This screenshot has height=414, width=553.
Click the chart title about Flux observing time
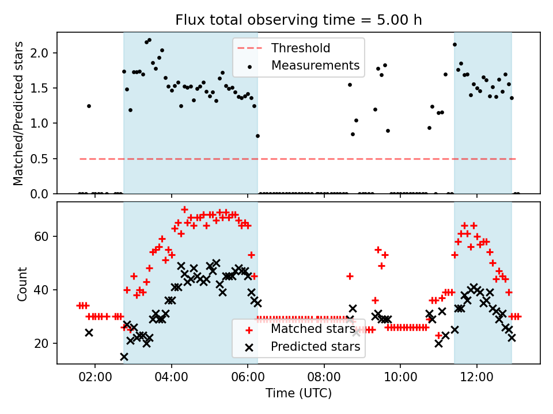(x=298, y=20)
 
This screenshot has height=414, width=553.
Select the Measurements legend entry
(x=315, y=66)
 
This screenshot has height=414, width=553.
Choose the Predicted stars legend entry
(x=315, y=347)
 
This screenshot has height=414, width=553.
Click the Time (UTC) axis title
(x=298, y=394)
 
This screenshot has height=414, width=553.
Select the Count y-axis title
(x=22, y=284)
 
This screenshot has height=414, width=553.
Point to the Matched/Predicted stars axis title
(x=18, y=113)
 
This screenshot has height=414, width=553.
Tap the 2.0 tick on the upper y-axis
(x=43, y=53)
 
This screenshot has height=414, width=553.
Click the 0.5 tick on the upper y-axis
(x=43, y=159)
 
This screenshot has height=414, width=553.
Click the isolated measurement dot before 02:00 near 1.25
(x=89, y=106)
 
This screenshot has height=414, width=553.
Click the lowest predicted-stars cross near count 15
(x=124, y=356)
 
